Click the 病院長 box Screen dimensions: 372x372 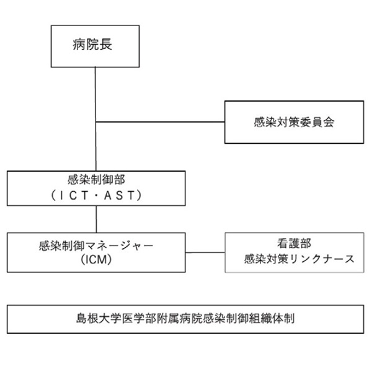tap(95, 46)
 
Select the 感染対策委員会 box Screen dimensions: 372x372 tap(294, 122)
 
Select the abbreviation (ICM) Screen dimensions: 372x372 tap(95, 260)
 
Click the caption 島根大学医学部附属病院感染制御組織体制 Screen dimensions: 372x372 tap(185, 319)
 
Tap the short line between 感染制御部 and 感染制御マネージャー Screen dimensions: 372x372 tap(95, 219)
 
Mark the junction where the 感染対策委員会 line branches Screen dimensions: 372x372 tap(95, 122)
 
